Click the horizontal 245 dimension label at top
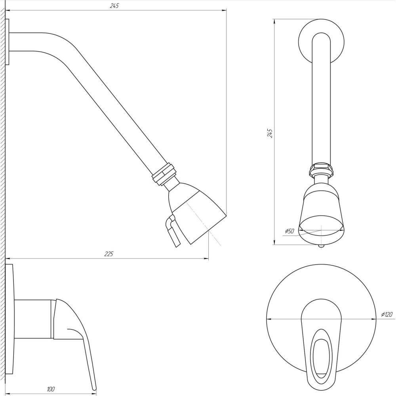pos(114,6)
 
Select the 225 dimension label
pos(109,254)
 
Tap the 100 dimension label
pos(50,389)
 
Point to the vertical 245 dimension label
pos(270,133)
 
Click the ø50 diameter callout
pos(289,231)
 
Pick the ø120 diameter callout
pos(386,315)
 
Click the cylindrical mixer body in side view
pos(33,319)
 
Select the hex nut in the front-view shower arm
pos(321,170)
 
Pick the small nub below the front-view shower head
pos(321,246)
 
